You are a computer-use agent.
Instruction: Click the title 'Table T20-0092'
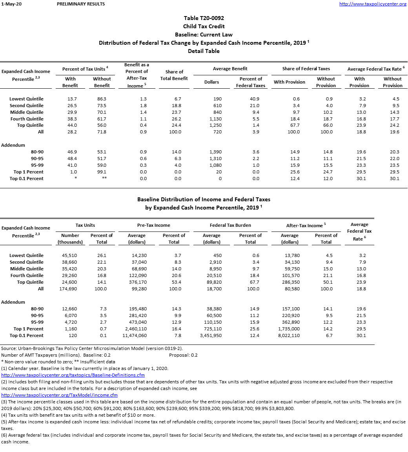point(204,18)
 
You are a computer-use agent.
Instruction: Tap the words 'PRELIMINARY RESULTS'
point(81,4)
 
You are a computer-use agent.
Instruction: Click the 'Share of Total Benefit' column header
point(174,75)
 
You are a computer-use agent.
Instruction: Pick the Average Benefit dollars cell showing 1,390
point(216,152)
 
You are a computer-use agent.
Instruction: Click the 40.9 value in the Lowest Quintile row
point(255,99)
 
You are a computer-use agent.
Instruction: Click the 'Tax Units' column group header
point(85,225)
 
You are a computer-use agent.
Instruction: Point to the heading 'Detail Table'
point(204,51)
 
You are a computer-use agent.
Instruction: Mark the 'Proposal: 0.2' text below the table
point(183,355)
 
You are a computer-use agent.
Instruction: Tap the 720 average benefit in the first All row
point(217,132)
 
